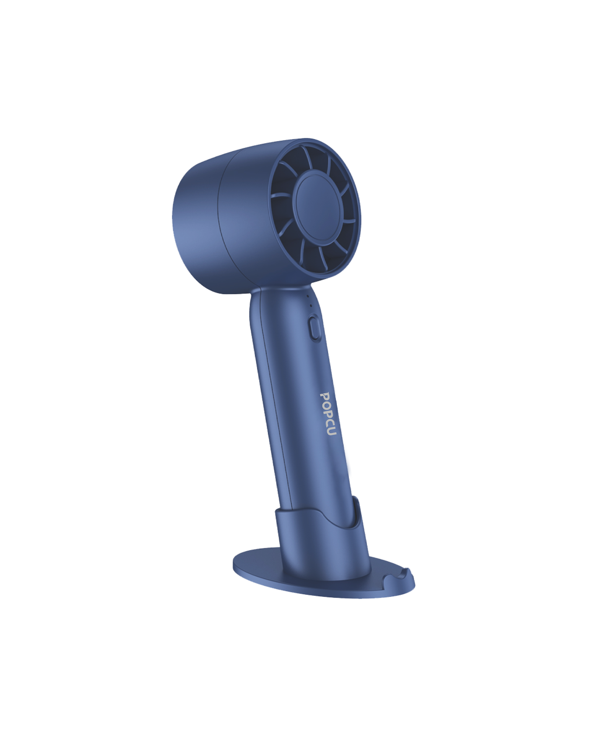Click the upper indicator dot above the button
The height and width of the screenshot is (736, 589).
click(x=307, y=296)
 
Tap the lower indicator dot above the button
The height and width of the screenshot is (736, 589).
click(x=310, y=306)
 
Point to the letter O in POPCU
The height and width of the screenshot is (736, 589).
click(x=326, y=405)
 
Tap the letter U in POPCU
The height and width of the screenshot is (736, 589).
click(x=331, y=431)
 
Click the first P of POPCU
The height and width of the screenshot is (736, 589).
click(x=324, y=396)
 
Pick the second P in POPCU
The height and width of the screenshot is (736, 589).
click(x=328, y=414)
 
